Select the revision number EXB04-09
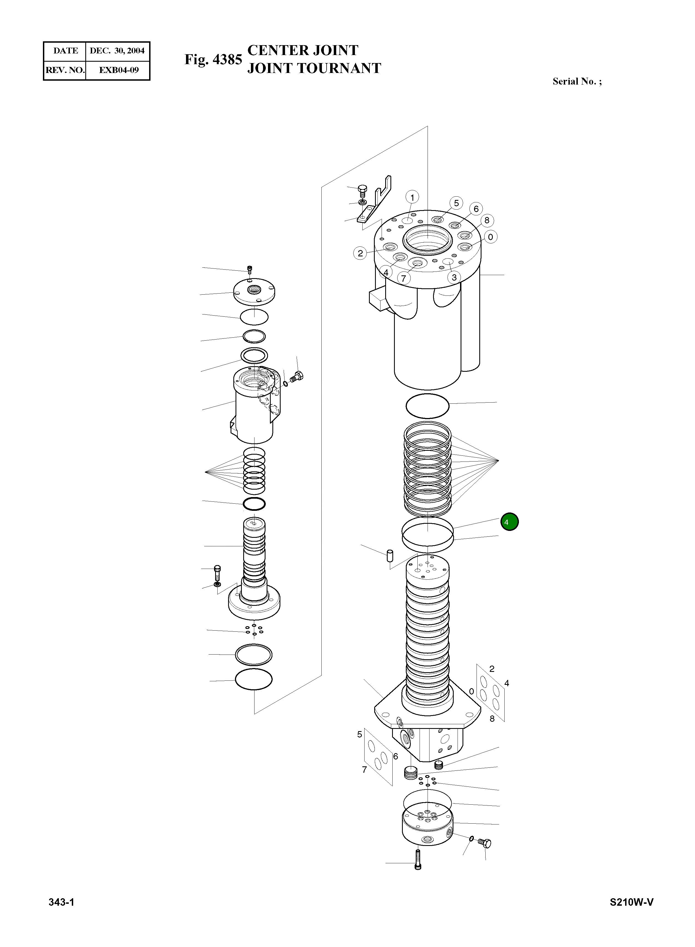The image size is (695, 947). click(119, 70)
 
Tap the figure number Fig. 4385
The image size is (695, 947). click(213, 59)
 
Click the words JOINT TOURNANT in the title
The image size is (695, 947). click(314, 68)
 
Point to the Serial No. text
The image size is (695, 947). click(577, 81)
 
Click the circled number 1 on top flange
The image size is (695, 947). click(412, 197)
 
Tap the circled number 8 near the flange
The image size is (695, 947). click(487, 220)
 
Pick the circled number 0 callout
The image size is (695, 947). click(490, 237)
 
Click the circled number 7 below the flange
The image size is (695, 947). click(403, 278)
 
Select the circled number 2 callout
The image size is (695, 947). click(360, 253)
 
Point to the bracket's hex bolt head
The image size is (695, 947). click(362, 189)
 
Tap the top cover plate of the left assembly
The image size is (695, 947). click(254, 291)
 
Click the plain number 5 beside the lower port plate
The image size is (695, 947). click(359, 734)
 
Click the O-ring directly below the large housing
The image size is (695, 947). click(428, 406)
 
